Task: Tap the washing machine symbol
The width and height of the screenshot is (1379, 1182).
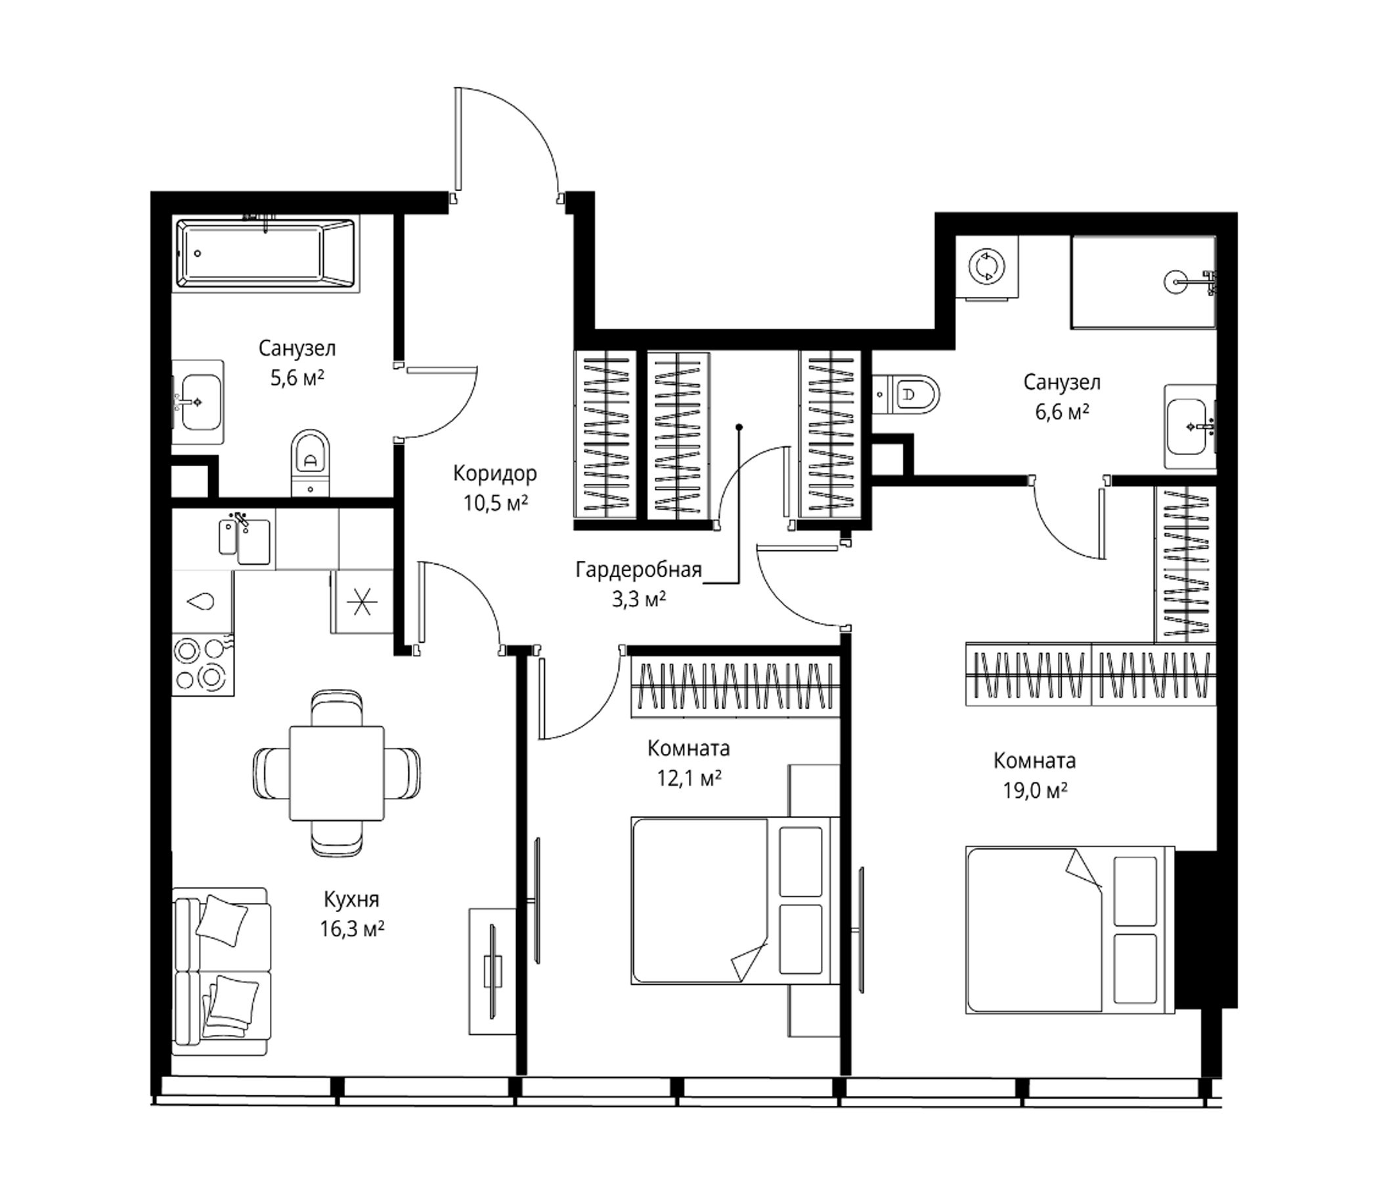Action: point(986,267)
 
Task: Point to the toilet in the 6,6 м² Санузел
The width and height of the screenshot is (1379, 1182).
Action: point(906,395)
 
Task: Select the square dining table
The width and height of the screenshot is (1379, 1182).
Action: point(337,774)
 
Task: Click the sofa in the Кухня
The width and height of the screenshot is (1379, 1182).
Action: point(222,971)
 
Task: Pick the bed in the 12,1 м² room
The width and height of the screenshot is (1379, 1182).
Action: point(735,900)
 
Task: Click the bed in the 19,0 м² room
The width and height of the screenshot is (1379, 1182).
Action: point(1070,930)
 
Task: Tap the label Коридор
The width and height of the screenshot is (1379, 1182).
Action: point(495,474)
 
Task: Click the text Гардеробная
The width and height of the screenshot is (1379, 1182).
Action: point(639,571)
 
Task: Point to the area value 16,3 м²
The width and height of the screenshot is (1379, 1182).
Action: point(352,929)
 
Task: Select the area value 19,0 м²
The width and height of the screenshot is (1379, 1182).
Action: point(1036,790)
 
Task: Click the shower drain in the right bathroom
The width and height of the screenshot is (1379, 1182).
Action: point(1176,282)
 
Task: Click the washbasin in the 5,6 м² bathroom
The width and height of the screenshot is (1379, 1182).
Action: point(198,402)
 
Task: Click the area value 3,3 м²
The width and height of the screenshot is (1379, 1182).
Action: point(639,600)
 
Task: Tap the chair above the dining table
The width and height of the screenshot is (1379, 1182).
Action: point(337,708)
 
